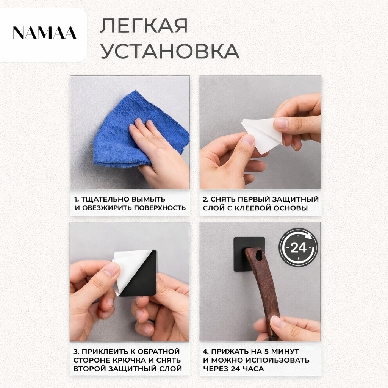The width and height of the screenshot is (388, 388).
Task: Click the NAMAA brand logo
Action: click(45, 33)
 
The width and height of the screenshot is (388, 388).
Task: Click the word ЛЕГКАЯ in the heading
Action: click(144, 25)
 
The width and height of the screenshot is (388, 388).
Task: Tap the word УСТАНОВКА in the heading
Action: click(170, 51)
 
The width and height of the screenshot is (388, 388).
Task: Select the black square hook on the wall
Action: click(249, 254)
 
